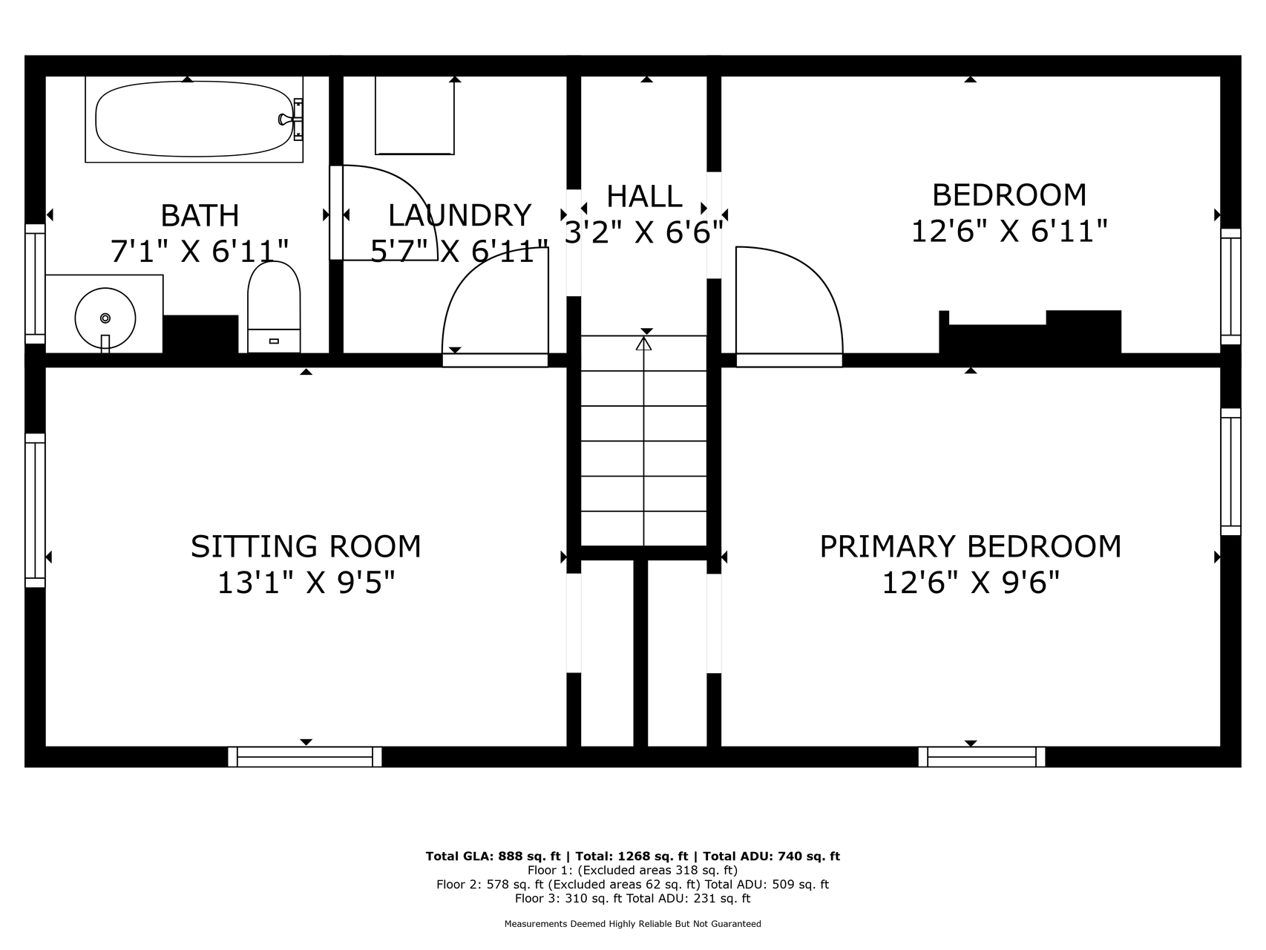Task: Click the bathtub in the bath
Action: [194, 119]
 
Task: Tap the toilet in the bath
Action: [274, 307]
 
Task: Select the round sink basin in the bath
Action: [105, 318]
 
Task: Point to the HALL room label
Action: [644, 197]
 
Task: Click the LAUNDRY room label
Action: [459, 215]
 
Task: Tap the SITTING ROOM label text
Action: [306, 547]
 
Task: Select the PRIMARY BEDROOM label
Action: [971, 547]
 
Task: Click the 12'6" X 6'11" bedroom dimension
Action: [1009, 231]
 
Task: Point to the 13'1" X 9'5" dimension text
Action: [306, 583]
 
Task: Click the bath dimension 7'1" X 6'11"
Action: [200, 251]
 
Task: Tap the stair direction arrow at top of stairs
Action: [643, 344]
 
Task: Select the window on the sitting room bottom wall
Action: [305, 757]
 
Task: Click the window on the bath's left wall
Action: [35, 284]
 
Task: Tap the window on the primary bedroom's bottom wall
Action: [982, 757]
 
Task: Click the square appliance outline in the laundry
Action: [415, 115]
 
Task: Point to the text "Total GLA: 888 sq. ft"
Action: [493, 856]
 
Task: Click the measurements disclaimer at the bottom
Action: [633, 924]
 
